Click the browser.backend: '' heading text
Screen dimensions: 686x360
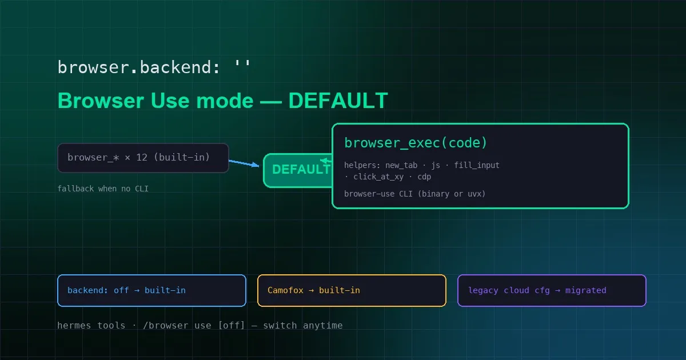coord(154,67)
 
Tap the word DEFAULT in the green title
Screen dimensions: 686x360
coord(338,101)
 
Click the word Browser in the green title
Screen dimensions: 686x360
coord(101,101)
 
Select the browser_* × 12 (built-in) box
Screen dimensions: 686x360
coord(143,158)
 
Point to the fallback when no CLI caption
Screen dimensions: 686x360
coord(103,189)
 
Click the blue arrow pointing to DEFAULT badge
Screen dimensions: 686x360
coord(244,163)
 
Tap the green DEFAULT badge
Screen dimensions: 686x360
coord(298,170)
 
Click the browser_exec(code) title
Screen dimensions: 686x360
coord(416,143)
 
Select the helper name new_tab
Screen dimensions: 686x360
coord(401,165)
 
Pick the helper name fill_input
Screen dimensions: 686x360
coord(477,165)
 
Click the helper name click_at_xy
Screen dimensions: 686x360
coord(378,177)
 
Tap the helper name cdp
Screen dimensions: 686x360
coord(424,177)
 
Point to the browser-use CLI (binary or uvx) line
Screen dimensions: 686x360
coord(414,194)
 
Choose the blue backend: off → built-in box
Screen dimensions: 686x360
coord(151,290)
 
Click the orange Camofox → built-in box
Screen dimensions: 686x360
coord(352,290)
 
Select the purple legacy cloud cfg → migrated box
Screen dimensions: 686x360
coord(552,290)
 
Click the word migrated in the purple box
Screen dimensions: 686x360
coord(585,290)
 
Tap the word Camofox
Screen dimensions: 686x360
coord(285,290)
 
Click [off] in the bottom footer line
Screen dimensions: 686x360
coord(232,325)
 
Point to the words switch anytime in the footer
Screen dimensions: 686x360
coord(303,325)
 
